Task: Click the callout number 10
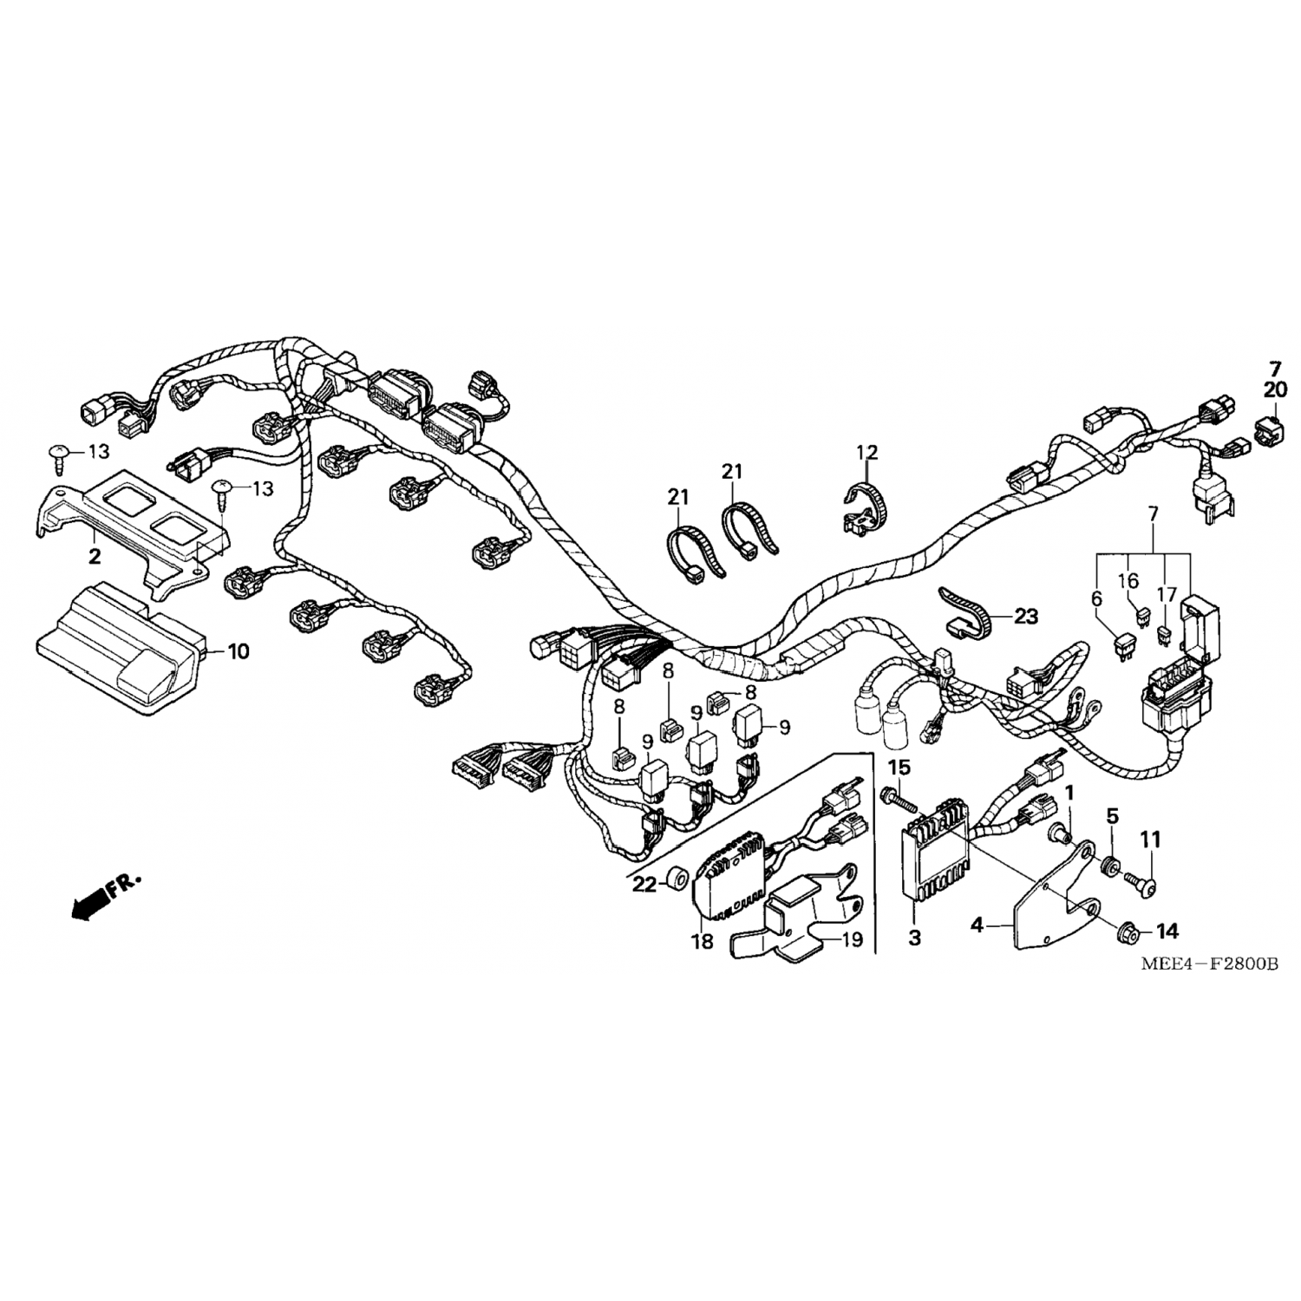239,650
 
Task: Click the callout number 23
1025,617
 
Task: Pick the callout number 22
644,884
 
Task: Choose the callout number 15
899,768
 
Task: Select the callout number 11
1150,840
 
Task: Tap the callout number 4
977,925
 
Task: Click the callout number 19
853,939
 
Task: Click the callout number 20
1275,390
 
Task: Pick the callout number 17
1166,596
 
